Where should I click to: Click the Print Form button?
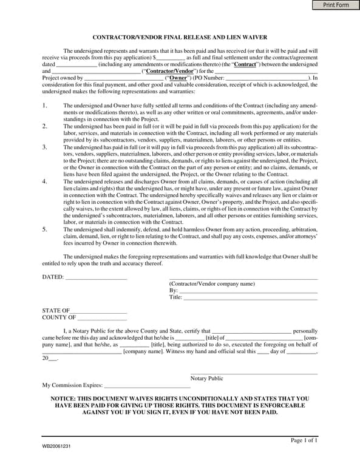pos(336,5)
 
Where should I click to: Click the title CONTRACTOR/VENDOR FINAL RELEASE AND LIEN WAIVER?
pos(180,37)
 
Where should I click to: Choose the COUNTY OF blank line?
pos(102,317)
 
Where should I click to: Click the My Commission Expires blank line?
pos(147,385)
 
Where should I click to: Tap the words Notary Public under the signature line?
pos(206,378)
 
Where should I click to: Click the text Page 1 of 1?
pos(304,440)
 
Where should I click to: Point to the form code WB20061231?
pos(56,446)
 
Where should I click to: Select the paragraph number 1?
pos(44,106)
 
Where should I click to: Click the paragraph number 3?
pos(44,147)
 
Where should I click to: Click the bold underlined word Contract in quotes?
pos(245,64)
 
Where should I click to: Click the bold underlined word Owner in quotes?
pos(178,78)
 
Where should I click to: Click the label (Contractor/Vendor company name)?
pos(212,283)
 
